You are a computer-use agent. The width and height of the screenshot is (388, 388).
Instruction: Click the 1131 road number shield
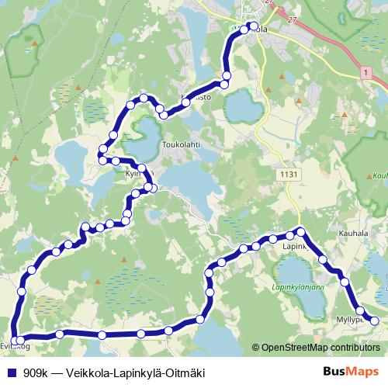(289, 175)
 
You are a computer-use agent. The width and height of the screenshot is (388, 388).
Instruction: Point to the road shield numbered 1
(363, 71)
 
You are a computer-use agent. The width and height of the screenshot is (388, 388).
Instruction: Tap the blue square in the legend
(12, 372)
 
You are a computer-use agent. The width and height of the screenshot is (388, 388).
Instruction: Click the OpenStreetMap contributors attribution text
(323, 347)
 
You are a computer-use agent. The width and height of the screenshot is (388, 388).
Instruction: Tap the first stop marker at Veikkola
(254, 26)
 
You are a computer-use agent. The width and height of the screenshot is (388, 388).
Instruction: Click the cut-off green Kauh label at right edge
(379, 176)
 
